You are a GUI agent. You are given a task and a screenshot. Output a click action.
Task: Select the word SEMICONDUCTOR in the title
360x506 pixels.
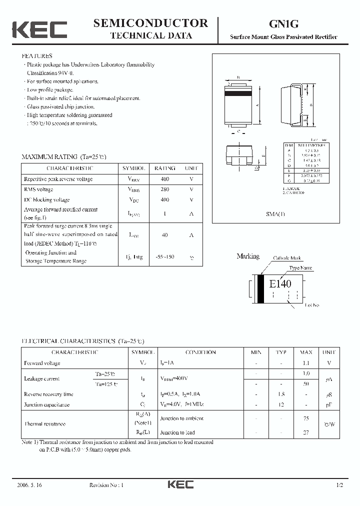(x=150, y=22)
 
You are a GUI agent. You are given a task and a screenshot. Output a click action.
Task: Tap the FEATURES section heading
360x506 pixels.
(x=36, y=56)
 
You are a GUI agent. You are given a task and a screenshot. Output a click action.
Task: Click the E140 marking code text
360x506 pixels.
(x=280, y=284)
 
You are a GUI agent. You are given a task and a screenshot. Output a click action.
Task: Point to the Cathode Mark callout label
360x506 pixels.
(x=287, y=258)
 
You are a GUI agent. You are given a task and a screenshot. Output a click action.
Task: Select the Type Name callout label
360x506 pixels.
(x=300, y=268)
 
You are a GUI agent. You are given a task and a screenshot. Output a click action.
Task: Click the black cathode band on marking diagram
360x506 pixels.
(x=260, y=289)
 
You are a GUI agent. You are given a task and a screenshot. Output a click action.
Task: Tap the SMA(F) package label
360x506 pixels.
(x=274, y=213)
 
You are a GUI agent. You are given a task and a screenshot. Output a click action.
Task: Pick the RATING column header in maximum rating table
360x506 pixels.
(x=165, y=168)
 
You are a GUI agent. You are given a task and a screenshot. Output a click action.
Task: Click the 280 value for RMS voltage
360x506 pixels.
(x=165, y=189)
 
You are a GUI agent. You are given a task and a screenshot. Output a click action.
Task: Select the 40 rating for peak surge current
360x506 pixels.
(x=165, y=234)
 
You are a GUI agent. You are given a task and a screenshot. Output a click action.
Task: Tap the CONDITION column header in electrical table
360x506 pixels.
(x=200, y=352)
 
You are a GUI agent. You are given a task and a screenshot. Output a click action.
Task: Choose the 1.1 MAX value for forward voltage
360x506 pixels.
(x=306, y=363)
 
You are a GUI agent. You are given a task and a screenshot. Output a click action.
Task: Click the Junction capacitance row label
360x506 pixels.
(x=47, y=404)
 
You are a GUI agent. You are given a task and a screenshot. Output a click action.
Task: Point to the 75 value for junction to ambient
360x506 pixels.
(x=306, y=418)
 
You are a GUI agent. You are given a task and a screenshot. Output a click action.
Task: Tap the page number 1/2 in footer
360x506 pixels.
(x=340, y=485)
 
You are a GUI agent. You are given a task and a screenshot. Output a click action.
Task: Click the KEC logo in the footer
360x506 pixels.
(x=180, y=484)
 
